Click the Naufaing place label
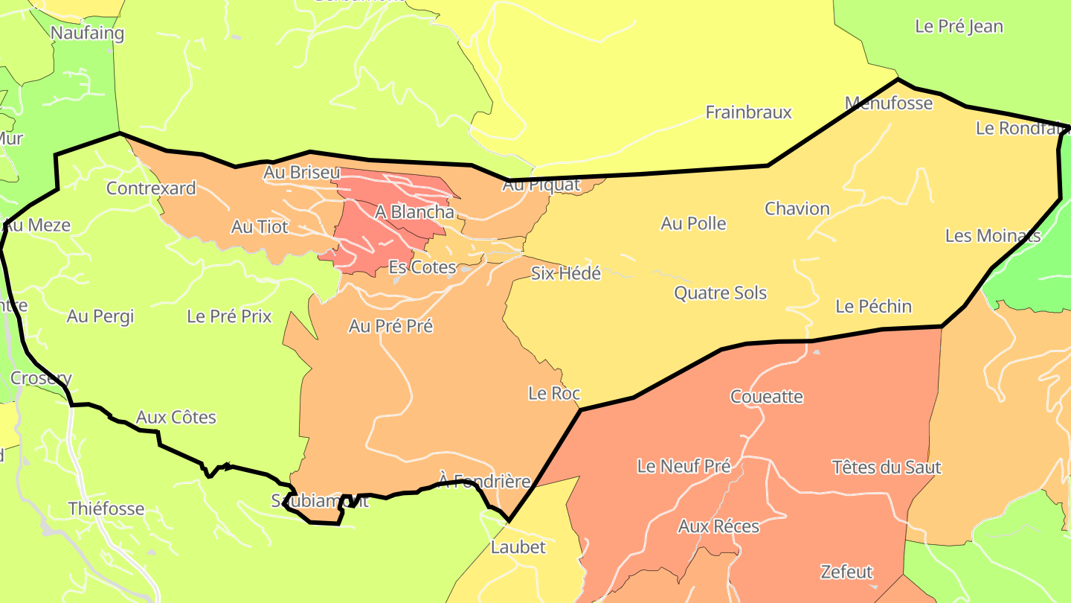tap(87, 33)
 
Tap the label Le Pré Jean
tap(959, 26)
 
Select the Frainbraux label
tap(748, 112)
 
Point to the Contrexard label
tap(151, 188)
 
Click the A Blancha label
tap(414, 212)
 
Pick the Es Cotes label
tap(422, 267)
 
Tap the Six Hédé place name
tap(565, 273)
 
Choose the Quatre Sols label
tap(720, 293)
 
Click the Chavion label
tap(797, 208)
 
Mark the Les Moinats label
tap(992, 236)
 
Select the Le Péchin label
tap(873, 306)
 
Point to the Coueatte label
tap(767, 396)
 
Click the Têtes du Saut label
tap(887, 468)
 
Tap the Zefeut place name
tap(846, 572)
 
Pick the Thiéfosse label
tap(106, 509)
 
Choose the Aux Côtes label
tap(176, 417)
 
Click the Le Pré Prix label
tap(229, 316)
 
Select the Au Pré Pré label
tap(390, 326)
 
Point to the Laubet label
tap(518, 547)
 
